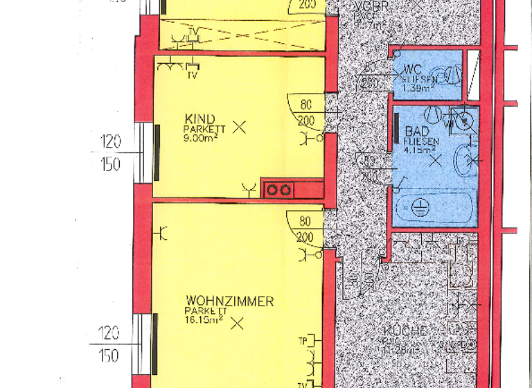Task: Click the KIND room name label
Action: point(200,118)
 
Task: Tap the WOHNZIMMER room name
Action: point(229,301)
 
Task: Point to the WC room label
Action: point(413,70)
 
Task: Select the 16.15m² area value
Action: point(202,321)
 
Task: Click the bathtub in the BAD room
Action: point(434,206)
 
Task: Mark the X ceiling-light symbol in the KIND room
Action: point(240,127)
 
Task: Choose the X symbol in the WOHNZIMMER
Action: point(238,322)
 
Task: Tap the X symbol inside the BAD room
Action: point(436,161)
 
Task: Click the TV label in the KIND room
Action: point(192,75)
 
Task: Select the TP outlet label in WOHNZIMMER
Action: point(303,341)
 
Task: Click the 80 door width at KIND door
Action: point(305,106)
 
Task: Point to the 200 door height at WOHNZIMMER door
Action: point(305,237)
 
